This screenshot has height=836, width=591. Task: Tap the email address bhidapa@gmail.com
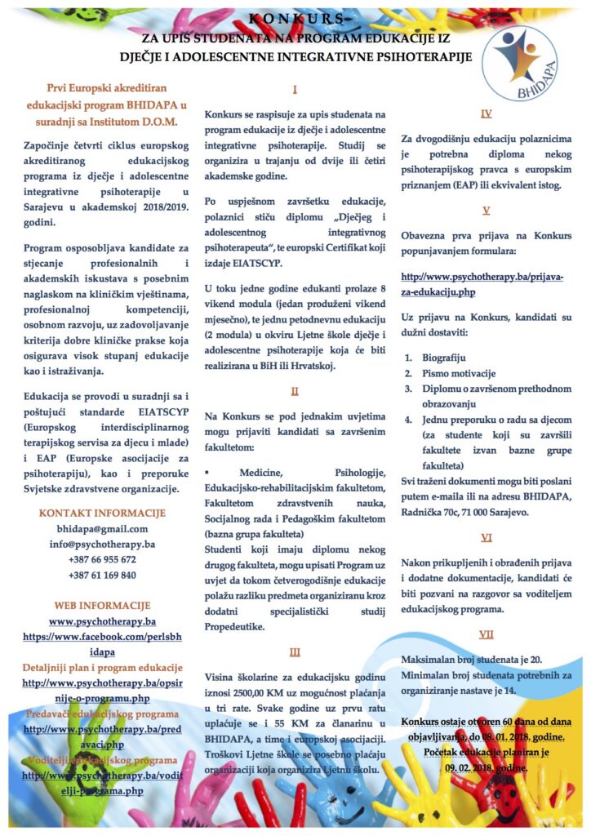click(x=103, y=529)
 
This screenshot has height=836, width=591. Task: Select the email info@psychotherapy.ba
click(x=103, y=544)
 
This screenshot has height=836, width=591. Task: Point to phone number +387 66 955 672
click(x=103, y=559)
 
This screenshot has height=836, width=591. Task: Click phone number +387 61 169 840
click(x=103, y=575)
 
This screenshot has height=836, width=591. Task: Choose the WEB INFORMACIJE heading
click(x=103, y=606)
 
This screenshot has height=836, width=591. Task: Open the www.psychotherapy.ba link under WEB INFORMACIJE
click(x=103, y=621)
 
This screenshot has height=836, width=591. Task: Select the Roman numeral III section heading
click(x=295, y=651)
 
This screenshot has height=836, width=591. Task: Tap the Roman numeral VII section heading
click(x=487, y=634)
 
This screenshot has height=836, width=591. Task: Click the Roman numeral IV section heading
click(x=487, y=114)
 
